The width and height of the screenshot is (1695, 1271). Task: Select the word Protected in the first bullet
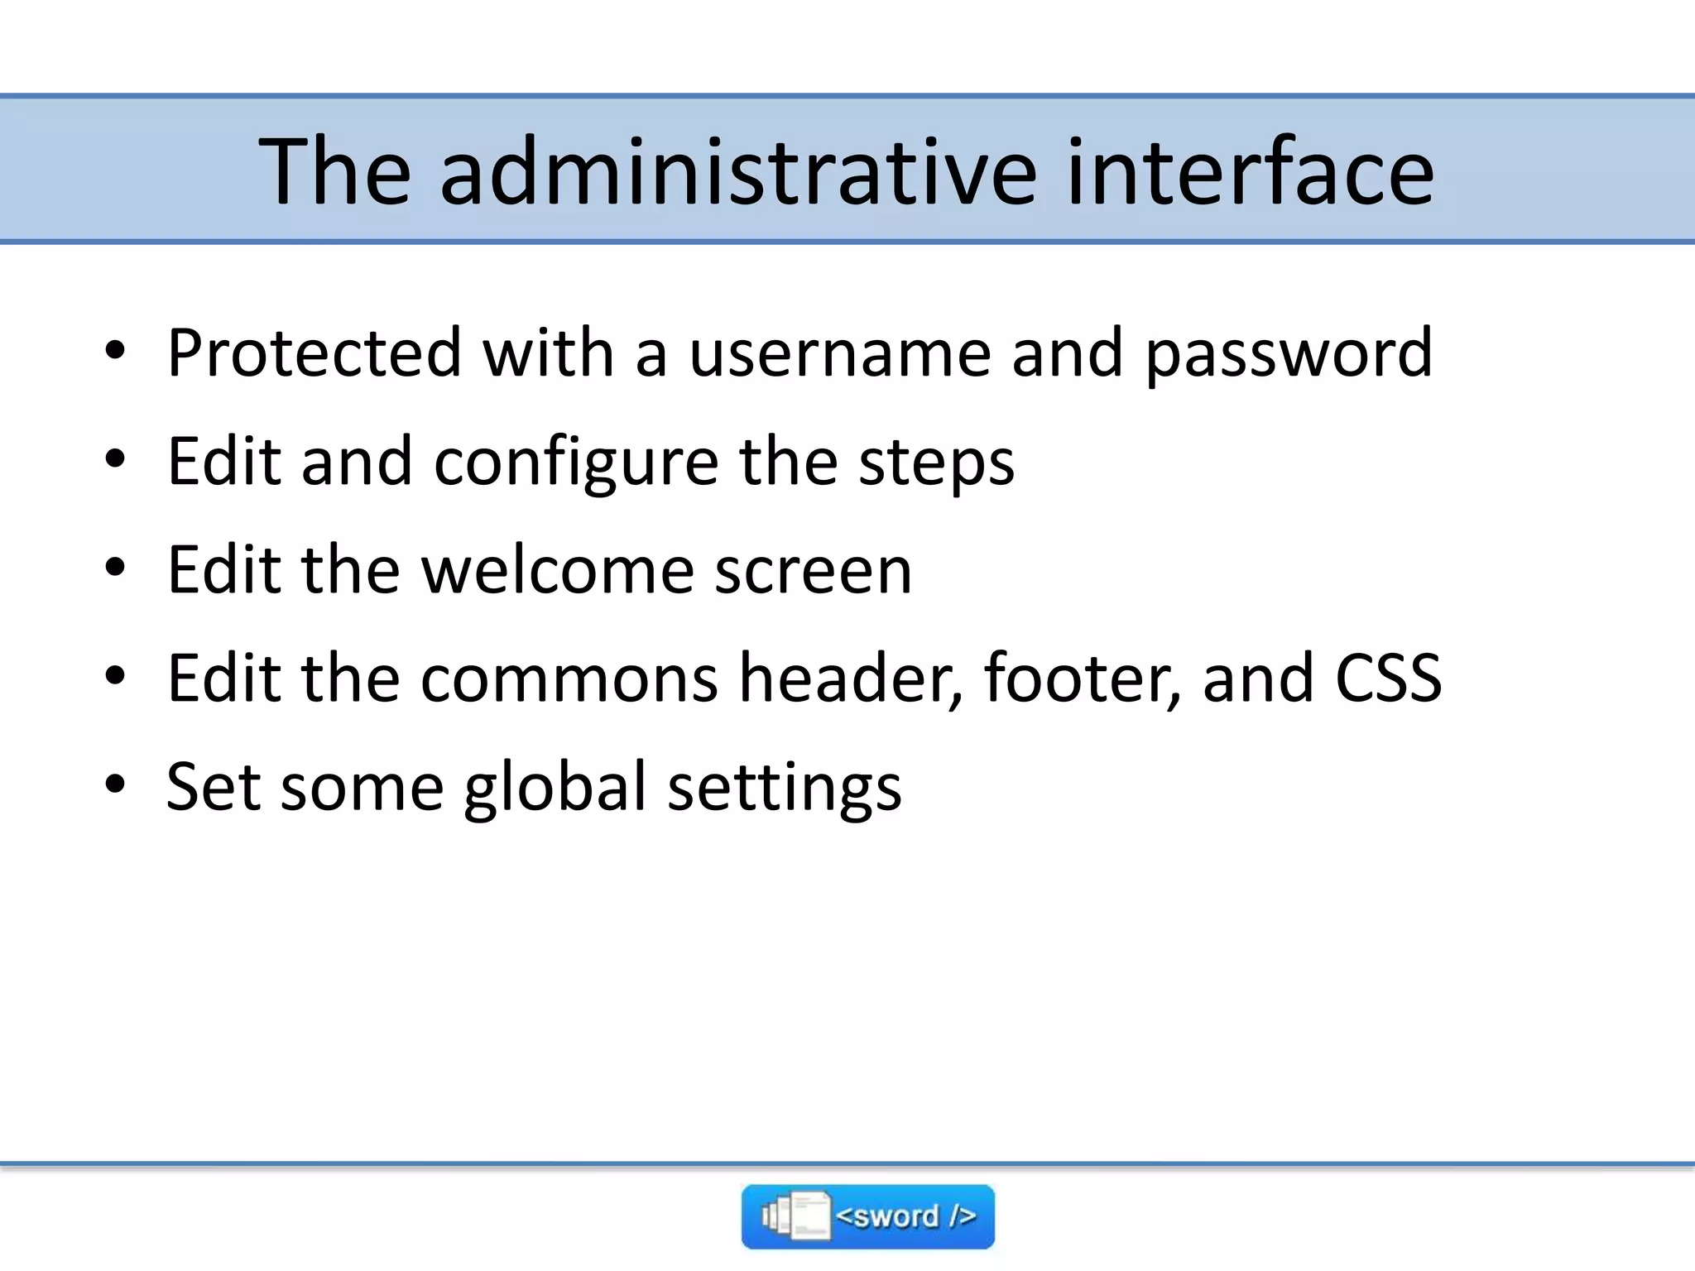click(x=314, y=353)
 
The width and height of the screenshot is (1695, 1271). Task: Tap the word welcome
click(x=557, y=570)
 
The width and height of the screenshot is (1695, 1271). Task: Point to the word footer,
click(x=1083, y=679)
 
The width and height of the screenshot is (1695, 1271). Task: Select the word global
click(x=555, y=789)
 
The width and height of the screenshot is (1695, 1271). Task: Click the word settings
click(x=784, y=789)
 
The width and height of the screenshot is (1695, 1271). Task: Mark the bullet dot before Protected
click(x=115, y=350)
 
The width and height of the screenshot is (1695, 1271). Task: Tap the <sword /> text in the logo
click(x=905, y=1216)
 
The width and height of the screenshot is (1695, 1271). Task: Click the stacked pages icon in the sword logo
click(x=795, y=1216)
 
